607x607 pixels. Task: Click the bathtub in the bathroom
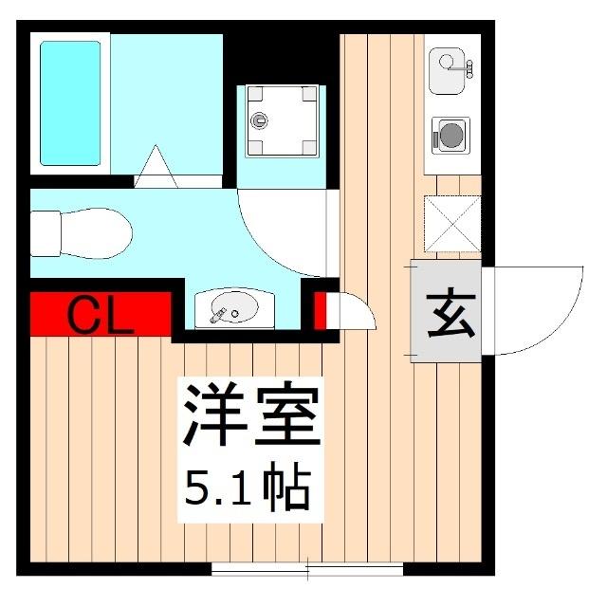coord(70,103)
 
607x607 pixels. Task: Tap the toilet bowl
coord(97,233)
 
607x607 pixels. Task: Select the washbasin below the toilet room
coord(234,308)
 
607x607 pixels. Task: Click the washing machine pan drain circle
coord(259,120)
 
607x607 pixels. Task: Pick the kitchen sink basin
coord(447,71)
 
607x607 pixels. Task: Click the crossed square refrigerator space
coord(452,224)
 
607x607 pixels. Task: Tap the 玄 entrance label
coord(451,312)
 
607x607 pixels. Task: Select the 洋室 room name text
coord(251,414)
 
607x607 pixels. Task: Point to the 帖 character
coord(286,487)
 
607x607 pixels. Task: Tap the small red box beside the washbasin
coord(320,311)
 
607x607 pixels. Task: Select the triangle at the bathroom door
coord(156,167)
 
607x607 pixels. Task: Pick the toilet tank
coord(46,233)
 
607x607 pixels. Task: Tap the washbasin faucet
coord(218,316)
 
